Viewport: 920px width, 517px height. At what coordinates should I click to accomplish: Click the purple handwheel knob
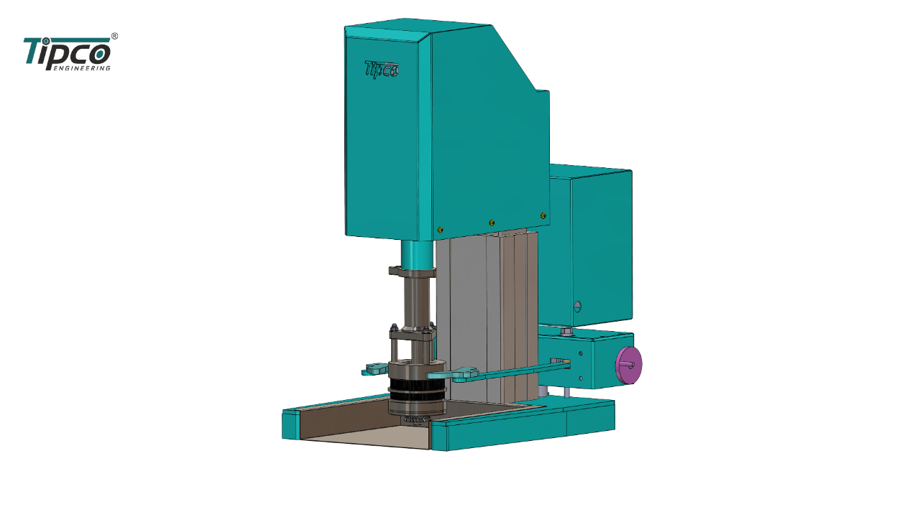click(628, 365)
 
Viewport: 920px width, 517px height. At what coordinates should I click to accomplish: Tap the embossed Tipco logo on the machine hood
click(382, 70)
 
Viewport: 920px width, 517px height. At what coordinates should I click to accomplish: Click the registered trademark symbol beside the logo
click(114, 36)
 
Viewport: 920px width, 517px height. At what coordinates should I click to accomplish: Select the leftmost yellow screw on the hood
click(441, 230)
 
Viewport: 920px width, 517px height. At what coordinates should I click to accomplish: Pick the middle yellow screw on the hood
click(492, 223)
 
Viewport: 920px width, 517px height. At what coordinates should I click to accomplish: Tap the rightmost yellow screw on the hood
click(543, 215)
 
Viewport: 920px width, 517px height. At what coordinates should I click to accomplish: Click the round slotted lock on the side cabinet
click(577, 306)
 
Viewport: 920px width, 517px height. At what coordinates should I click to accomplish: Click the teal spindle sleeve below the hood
click(417, 255)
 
